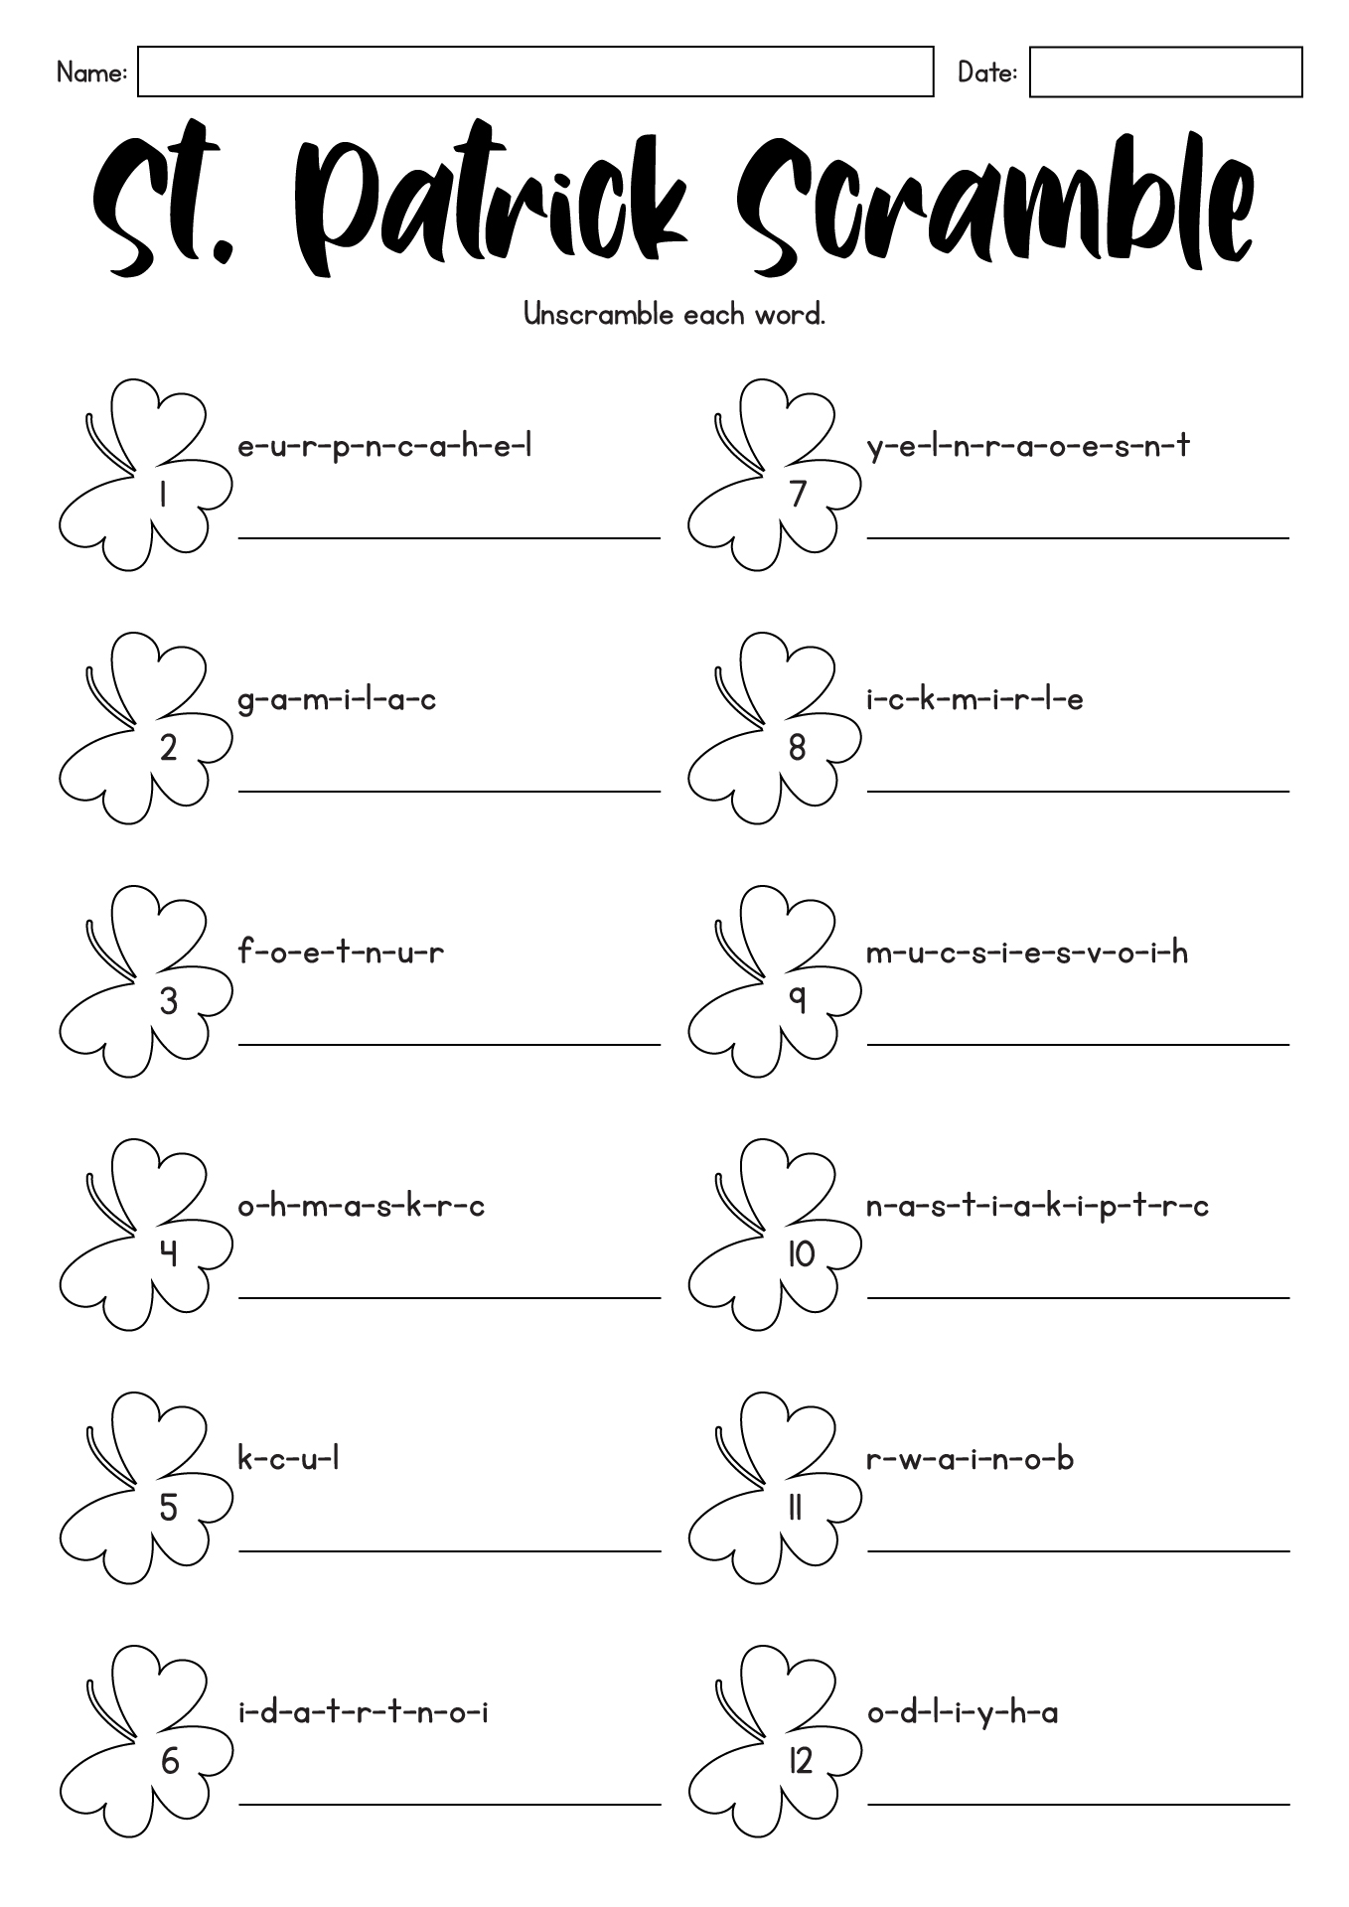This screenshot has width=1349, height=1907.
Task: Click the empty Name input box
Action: pos(535,72)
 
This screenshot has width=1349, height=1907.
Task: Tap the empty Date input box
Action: pos(1165,72)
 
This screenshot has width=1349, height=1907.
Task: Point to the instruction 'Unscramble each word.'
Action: pos(674,315)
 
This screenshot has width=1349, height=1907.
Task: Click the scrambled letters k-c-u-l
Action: pos(289,1458)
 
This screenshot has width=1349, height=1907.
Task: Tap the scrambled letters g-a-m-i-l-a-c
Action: pos(337,701)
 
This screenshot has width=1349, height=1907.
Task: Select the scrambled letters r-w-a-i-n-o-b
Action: pos(971,1458)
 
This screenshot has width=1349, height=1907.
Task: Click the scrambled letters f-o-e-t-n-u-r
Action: pos(341,952)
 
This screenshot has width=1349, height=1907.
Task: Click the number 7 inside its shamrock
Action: pos(798,494)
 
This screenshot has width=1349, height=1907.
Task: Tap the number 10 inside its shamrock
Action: pos(801,1254)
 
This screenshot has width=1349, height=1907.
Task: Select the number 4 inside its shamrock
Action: pos(169,1254)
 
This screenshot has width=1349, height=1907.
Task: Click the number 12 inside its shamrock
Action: pos(801,1761)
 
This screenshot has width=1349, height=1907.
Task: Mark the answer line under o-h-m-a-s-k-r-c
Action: pos(449,1297)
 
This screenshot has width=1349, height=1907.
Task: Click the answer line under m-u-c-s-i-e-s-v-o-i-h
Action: pos(1078,1044)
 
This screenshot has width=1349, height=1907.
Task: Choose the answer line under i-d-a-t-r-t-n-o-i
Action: pos(449,1804)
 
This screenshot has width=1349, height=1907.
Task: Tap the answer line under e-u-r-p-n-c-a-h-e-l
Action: pos(449,537)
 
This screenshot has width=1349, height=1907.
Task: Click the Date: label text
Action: pos(987,73)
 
